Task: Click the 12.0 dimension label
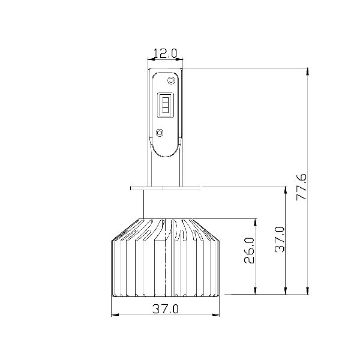tap(166, 53)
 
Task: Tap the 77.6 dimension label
tap(301, 187)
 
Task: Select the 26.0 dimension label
tap(249, 250)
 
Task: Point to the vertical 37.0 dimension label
tap(280, 239)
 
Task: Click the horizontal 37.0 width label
tap(166, 309)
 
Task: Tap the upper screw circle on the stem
tap(171, 80)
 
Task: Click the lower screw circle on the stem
tap(160, 133)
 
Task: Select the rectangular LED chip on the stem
tap(165, 105)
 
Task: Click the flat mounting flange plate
tap(166, 188)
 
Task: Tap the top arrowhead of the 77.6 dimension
tap(308, 71)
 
